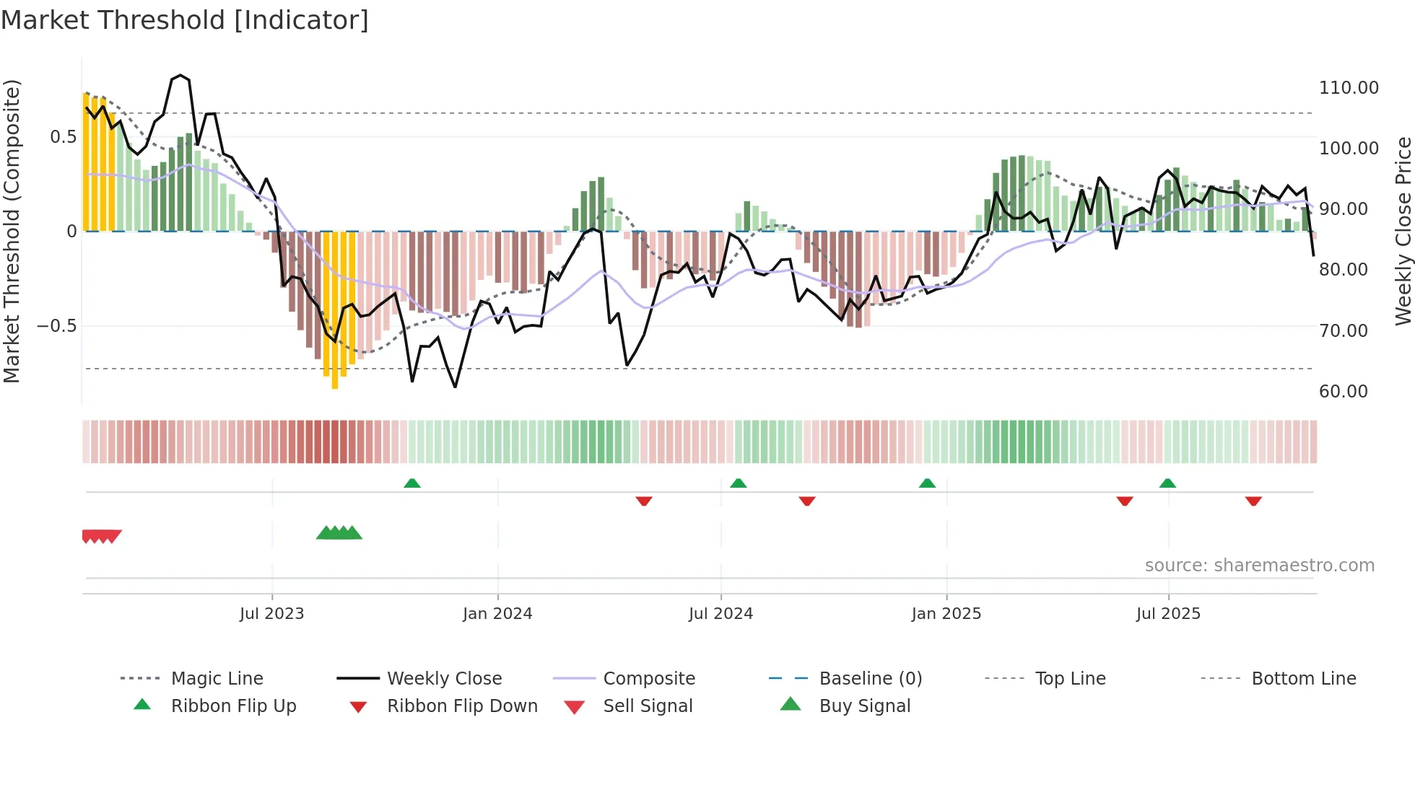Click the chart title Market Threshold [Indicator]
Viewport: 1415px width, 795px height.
[x=185, y=20]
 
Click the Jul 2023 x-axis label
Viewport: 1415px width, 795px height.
[x=272, y=613]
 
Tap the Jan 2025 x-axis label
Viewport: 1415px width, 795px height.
[x=946, y=613]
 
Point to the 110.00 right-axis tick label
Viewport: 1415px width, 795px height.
[x=1348, y=88]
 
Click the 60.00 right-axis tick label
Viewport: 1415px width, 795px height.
[x=1343, y=391]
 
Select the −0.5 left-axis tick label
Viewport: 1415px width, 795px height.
[x=56, y=326]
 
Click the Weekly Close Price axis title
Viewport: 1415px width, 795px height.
[x=1402, y=231]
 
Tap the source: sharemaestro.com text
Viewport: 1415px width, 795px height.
[x=1259, y=566]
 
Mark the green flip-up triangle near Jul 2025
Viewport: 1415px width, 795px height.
[x=1167, y=483]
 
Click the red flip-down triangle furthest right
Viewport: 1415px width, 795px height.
[x=1253, y=501]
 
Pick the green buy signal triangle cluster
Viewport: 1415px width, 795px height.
[x=339, y=533]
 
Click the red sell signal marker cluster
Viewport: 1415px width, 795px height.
[x=101, y=536]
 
